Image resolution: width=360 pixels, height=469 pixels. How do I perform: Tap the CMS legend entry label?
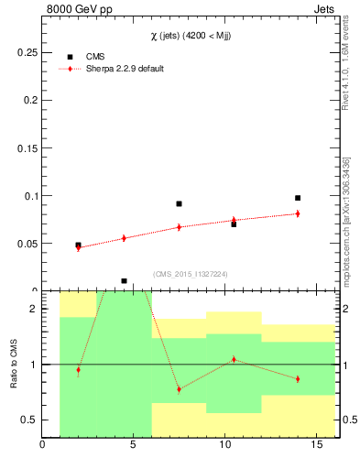pyautogui.click(x=95, y=57)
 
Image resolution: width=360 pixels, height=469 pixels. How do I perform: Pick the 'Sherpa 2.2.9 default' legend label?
pyautogui.click(x=125, y=69)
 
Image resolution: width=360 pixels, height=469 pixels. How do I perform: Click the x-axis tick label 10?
pyautogui.click(x=225, y=447)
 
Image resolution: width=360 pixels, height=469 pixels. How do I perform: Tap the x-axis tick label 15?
pyautogui.click(x=317, y=447)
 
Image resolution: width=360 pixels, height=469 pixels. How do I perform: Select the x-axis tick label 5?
pyautogui.click(x=134, y=447)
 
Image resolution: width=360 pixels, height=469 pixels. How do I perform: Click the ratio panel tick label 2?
pyautogui.click(x=33, y=310)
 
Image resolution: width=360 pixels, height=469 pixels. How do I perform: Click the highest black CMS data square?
pyautogui.click(x=298, y=198)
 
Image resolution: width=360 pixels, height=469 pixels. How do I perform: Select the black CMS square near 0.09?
pyautogui.click(x=179, y=203)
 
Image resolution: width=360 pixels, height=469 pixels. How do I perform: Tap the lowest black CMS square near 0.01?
pyautogui.click(x=124, y=281)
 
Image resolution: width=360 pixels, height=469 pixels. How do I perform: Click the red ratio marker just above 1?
pyautogui.click(x=234, y=359)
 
